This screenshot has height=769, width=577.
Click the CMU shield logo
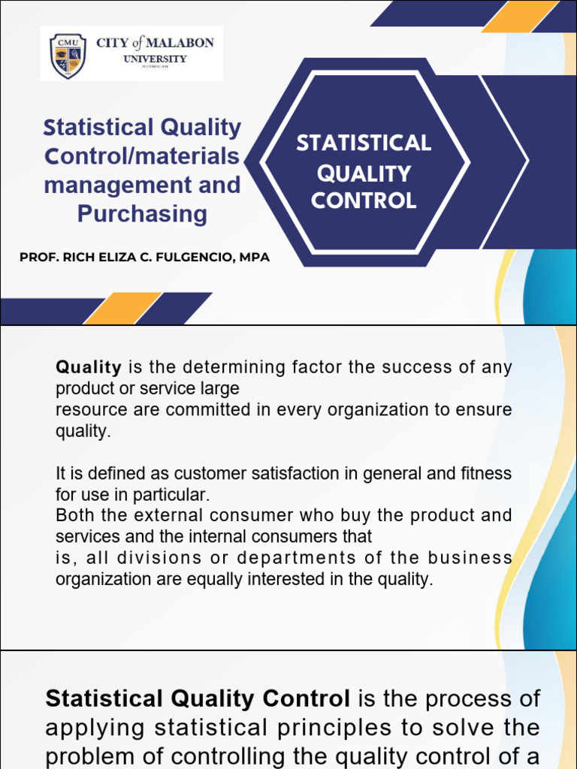[67, 56]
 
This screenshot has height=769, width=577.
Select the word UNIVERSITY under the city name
[156, 59]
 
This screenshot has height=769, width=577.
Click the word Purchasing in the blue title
[142, 214]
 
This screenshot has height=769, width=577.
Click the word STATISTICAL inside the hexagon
[364, 143]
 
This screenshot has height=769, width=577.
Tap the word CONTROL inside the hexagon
[364, 201]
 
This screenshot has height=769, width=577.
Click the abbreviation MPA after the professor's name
[254, 258]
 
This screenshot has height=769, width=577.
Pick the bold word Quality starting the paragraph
[89, 368]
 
